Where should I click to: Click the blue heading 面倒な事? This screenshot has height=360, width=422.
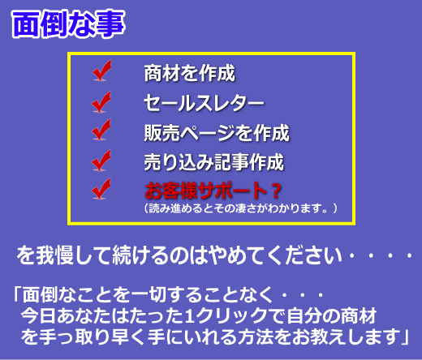68,24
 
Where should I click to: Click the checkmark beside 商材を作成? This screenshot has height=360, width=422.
101,71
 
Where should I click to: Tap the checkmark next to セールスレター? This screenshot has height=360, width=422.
101,101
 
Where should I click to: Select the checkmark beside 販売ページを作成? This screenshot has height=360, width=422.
101,130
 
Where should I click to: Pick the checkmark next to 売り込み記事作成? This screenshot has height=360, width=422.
101,161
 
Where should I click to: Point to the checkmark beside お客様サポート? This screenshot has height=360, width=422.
101,189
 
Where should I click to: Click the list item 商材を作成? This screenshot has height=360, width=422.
190,73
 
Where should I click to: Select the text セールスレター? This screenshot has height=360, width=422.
204,103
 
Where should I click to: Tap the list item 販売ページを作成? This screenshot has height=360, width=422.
217,133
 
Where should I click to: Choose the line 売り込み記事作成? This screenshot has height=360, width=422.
213,162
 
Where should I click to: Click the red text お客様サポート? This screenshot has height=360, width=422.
206,191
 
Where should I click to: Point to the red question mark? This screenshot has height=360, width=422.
276,191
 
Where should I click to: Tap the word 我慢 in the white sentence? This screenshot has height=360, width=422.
55,255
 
